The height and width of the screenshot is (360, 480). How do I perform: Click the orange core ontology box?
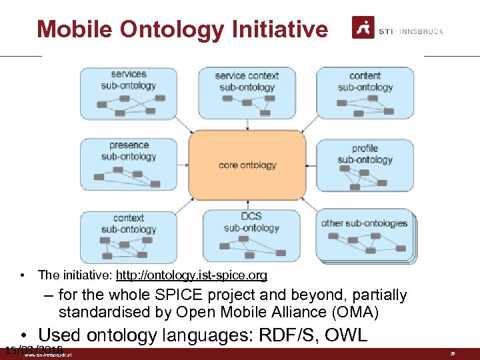coord(247,165)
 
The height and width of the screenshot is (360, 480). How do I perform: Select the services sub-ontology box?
coord(129,93)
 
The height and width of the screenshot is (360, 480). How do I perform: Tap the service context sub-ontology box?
coord(247,93)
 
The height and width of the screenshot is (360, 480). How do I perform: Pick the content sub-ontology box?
coord(365,93)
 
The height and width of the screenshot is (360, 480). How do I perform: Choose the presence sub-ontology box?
coord(129,164)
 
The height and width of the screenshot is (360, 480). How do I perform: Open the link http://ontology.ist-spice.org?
coord(191,275)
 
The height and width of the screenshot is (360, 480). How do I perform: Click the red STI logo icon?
coord(363,29)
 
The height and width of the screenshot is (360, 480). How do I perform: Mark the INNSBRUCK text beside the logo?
coord(424,31)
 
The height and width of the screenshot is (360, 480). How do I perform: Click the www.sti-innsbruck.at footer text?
coord(48,355)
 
